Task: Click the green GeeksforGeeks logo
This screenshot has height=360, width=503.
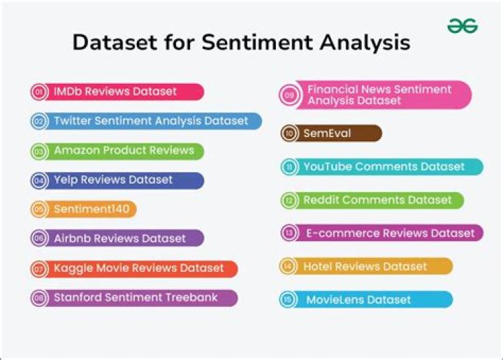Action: (x=462, y=26)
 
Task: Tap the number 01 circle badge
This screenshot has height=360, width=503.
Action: (x=39, y=92)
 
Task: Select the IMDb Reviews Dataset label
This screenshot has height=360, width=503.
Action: (x=117, y=92)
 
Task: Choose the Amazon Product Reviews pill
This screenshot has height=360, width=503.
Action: (x=117, y=151)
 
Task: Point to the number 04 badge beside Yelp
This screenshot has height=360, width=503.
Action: (x=39, y=180)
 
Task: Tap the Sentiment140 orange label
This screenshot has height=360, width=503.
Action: (x=84, y=209)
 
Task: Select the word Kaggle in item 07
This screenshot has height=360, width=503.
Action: (x=73, y=268)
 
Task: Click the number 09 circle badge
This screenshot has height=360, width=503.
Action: (x=289, y=95)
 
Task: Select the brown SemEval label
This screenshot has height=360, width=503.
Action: (x=331, y=133)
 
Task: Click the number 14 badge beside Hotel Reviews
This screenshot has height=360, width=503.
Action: (x=288, y=266)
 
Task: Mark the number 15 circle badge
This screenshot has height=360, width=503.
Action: (x=288, y=300)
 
